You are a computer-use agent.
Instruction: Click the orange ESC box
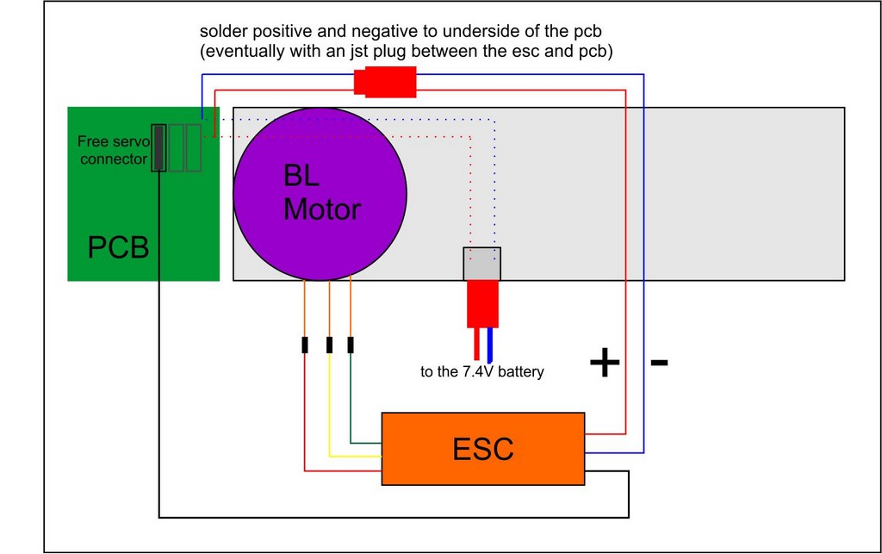pos(483,448)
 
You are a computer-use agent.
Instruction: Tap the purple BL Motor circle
pos(320,195)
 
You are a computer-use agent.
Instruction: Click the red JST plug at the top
pos(385,83)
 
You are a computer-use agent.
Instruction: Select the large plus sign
pos(605,363)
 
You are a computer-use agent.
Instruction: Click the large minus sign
pos(659,363)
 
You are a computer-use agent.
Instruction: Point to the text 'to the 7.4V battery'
pos(482,372)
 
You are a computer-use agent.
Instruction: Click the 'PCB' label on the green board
pos(118,248)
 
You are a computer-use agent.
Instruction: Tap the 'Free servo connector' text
pos(113,150)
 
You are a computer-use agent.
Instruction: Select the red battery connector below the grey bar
pos(482,303)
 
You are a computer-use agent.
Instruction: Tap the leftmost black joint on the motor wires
pos(305,345)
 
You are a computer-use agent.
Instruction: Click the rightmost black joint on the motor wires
pos(351,345)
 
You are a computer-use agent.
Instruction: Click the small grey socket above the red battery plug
pos(482,264)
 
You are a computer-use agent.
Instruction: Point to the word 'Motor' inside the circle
pos(321,209)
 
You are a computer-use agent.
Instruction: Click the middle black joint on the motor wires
pos(329,345)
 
